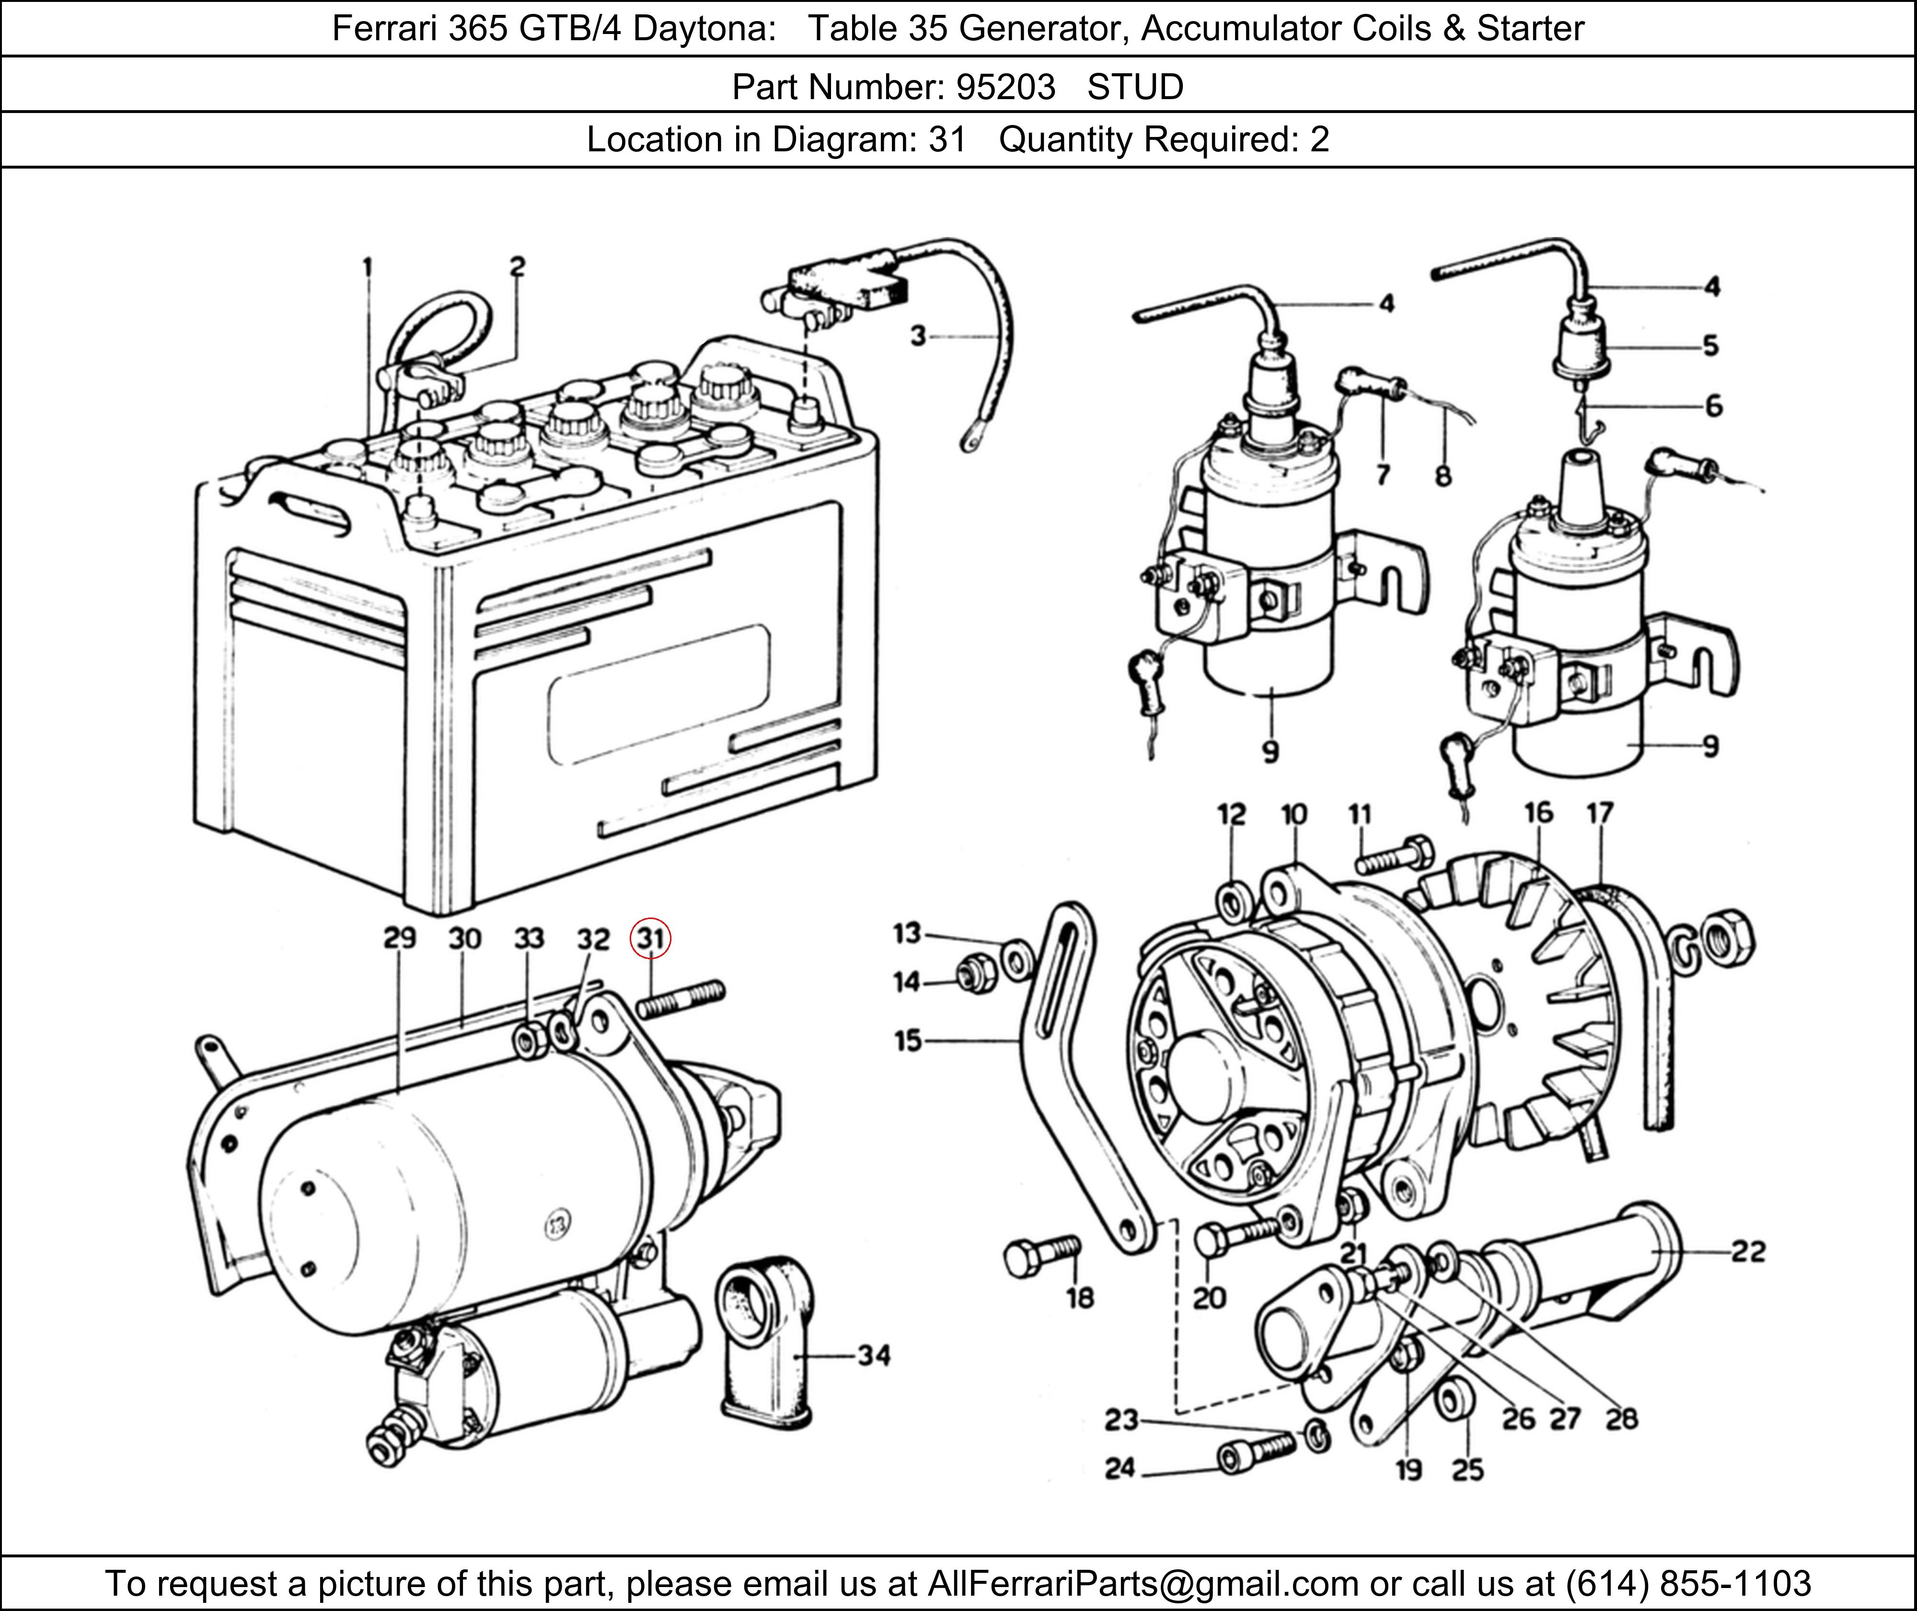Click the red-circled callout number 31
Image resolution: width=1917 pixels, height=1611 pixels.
point(650,938)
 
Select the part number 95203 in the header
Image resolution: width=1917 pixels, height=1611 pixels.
point(1005,87)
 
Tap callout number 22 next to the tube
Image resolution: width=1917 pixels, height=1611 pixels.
point(1748,1251)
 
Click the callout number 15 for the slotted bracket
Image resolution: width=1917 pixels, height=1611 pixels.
point(907,1040)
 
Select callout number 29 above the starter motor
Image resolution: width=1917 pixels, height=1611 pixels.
point(399,938)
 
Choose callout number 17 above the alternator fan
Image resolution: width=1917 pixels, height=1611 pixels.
point(1599,813)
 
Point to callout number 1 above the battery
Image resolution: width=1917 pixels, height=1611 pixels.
point(367,267)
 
